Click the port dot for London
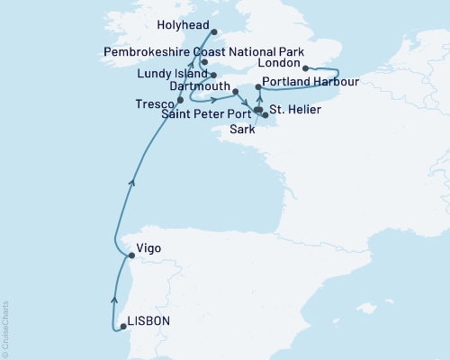click(x=306, y=67)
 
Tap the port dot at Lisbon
click(x=123, y=328)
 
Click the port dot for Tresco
click(x=181, y=100)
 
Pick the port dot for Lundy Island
click(x=213, y=75)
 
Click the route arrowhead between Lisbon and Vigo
click(x=114, y=299)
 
